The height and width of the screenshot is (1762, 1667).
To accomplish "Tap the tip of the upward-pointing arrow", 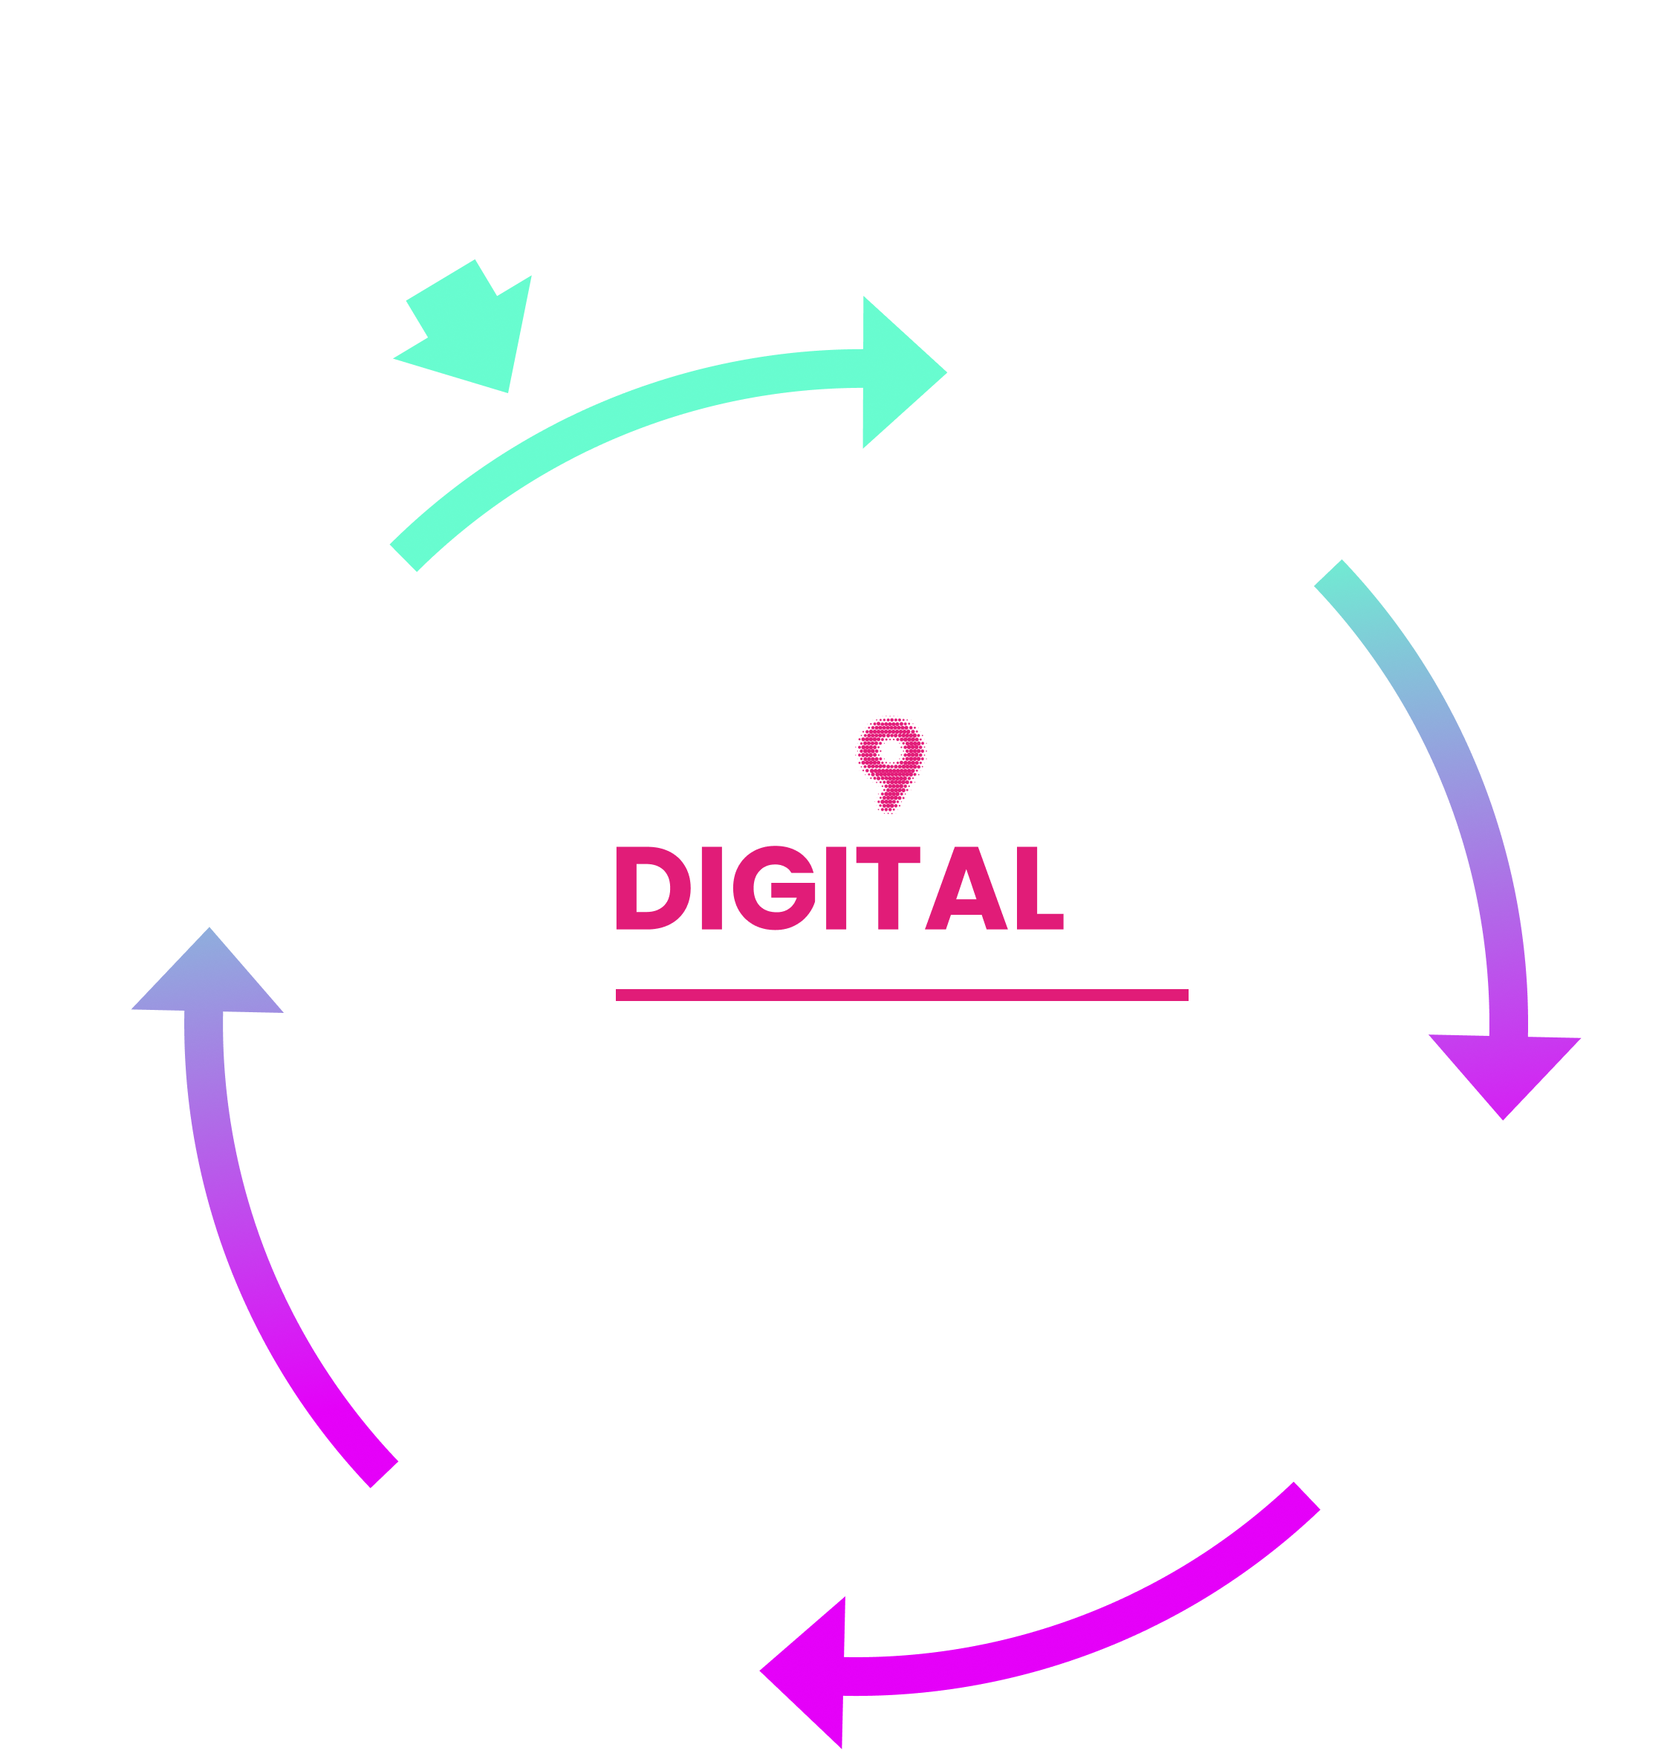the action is pos(209,933).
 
